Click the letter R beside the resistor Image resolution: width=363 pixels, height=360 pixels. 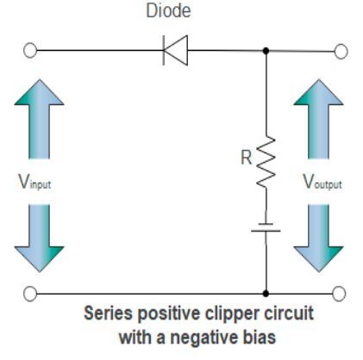(246, 158)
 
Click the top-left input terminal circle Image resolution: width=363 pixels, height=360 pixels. (30, 51)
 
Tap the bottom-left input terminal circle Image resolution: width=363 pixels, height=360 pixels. (30, 294)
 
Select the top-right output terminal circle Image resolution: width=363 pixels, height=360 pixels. (341, 51)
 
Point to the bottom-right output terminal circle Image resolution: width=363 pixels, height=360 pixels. (341, 294)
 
